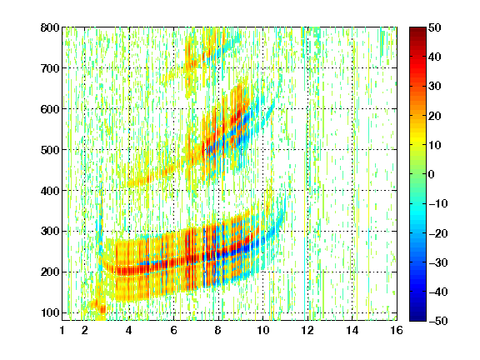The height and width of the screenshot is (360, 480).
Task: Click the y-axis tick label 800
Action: coord(50,27)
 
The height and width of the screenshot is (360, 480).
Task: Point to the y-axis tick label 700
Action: coord(50,68)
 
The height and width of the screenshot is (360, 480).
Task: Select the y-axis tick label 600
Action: coord(50,109)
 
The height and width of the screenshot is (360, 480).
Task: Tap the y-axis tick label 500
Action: coord(50,150)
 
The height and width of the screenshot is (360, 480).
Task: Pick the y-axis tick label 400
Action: coord(50,191)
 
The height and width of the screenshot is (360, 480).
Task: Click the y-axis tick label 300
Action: coord(50,232)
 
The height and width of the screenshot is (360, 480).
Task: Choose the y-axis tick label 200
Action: coord(50,272)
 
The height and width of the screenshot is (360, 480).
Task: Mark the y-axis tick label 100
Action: coord(50,312)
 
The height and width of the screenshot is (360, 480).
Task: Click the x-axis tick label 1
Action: coord(62,330)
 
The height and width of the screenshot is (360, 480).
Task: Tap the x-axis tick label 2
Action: coord(85,330)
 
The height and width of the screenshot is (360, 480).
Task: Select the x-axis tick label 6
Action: coord(174,330)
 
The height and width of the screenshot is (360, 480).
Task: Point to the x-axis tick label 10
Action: coord(262,330)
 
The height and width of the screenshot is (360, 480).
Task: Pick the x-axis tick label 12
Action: coord(307,330)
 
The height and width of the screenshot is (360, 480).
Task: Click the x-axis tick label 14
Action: coord(352,330)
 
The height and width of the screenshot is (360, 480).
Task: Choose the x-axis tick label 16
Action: coord(397,330)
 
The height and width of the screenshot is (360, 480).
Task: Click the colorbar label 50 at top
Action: coord(435,27)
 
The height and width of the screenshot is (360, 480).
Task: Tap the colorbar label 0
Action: coord(432,174)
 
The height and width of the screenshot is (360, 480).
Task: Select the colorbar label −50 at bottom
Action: coord(438,321)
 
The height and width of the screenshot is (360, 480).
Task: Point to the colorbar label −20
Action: coord(438,233)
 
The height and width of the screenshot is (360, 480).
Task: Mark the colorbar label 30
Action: coord(435,87)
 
